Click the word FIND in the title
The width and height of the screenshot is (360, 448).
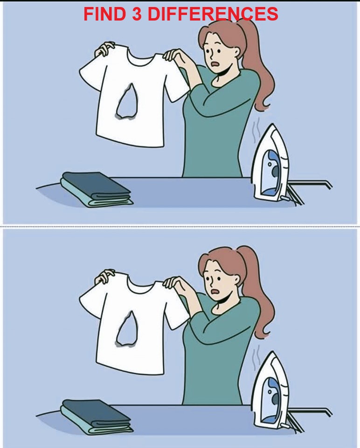tap(104, 14)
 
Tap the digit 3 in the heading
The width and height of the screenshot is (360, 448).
tap(137, 14)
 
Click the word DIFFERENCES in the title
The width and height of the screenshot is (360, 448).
tap(213, 14)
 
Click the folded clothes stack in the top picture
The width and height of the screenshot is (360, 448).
tap(97, 189)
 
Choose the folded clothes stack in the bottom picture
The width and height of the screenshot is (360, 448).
tap(97, 417)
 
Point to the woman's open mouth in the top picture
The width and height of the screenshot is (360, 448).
tap(215, 64)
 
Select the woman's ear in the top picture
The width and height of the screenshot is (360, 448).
tap(236, 53)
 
